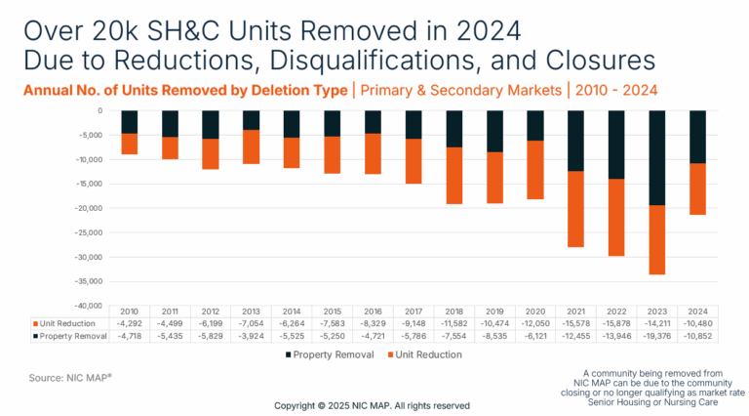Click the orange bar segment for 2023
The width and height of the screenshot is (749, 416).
coord(658,239)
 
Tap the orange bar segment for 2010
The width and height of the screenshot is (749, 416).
coord(130,144)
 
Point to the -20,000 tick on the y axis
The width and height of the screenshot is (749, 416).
coord(89,208)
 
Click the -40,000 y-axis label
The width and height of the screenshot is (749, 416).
coord(89,306)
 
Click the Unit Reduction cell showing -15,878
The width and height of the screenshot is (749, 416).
coord(616,323)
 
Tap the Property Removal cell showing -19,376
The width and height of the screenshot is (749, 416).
coord(657,335)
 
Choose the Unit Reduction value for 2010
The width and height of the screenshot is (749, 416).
coord(130,323)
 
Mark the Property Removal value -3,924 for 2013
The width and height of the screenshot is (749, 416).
coord(252,335)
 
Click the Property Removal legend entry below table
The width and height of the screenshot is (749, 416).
coord(329,354)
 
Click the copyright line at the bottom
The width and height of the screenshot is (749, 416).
coord(372,404)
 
